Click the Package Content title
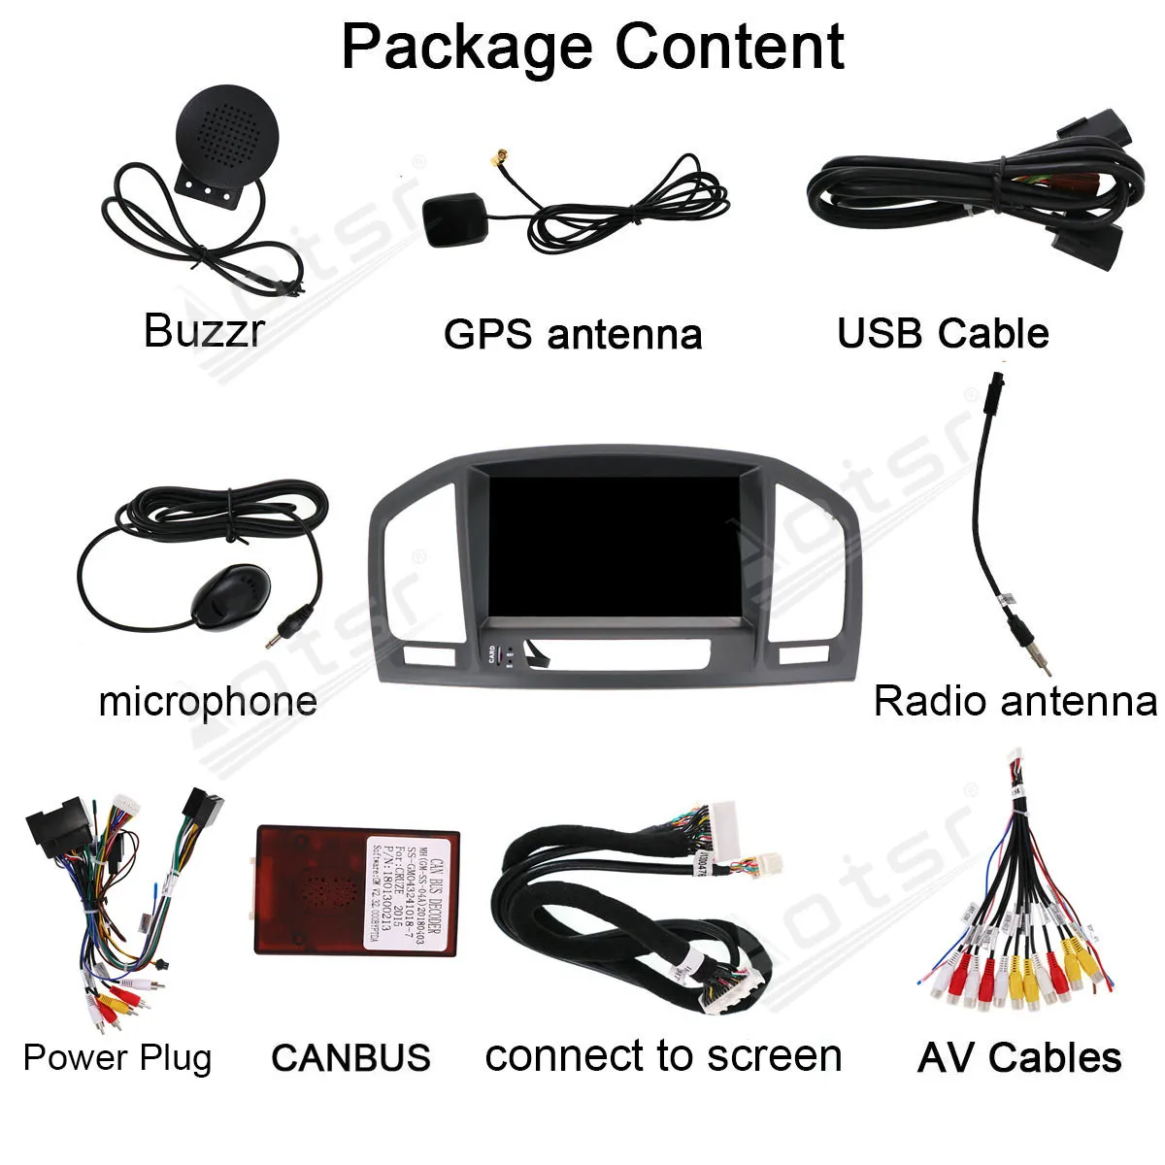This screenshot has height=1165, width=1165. pos(592,47)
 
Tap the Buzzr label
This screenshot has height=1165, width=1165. pos(203,330)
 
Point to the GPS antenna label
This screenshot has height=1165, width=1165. pos(572,334)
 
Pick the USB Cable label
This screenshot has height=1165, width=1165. pos(943,334)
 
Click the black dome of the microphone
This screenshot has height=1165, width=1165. pos(228,595)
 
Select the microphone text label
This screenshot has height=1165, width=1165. pos(208,701)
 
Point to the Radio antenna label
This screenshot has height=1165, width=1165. pos(1015,701)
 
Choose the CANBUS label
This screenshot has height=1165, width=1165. pos(350,1057)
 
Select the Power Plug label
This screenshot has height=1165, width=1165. pos(116,1057)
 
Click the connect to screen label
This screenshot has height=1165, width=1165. pos(663,1056)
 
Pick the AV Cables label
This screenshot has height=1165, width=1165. pos(1018,1057)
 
